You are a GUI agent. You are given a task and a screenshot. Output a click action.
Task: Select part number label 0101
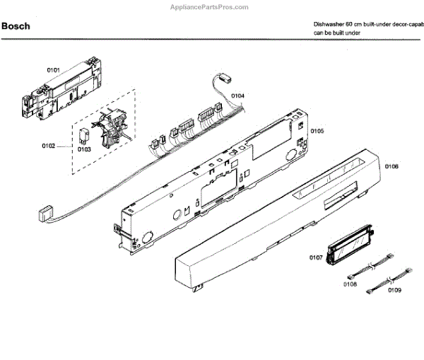[54, 70]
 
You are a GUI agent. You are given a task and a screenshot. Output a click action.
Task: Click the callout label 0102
[48, 146]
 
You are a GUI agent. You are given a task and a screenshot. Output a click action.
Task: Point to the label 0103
[84, 149]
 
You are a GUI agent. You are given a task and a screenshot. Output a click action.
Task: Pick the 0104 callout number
[238, 95]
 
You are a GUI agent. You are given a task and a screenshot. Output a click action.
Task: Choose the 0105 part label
[317, 131]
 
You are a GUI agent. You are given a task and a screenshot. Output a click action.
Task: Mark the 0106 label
[391, 167]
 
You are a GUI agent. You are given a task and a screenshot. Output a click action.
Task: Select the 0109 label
[394, 291]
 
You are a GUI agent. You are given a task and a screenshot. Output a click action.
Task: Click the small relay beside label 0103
[86, 132]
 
